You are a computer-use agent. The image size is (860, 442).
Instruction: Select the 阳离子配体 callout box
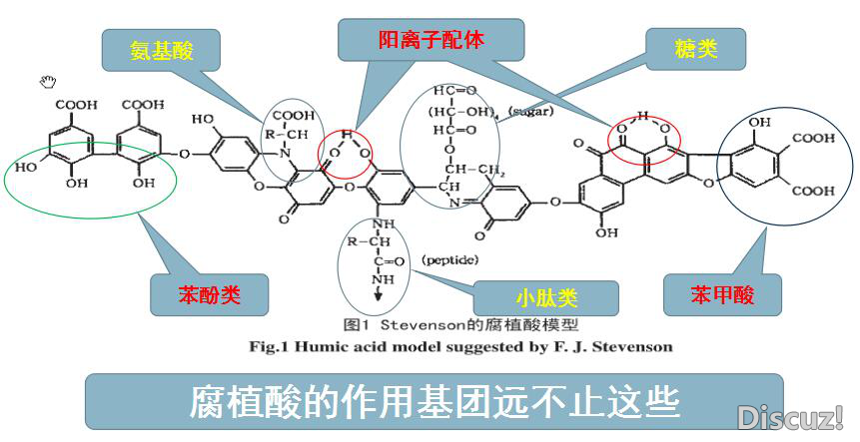(430, 41)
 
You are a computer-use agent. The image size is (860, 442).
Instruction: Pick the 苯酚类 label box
(210, 295)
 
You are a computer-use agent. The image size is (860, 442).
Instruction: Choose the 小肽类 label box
(546, 297)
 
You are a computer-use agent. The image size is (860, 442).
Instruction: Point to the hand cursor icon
(46, 81)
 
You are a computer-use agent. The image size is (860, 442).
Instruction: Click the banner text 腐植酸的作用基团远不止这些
(433, 401)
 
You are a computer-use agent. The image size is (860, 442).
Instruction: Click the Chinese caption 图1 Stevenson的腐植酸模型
(460, 324)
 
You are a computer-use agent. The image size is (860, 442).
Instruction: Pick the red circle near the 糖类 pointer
(644, 135)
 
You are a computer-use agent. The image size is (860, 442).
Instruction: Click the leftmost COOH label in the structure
(77, 103)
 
